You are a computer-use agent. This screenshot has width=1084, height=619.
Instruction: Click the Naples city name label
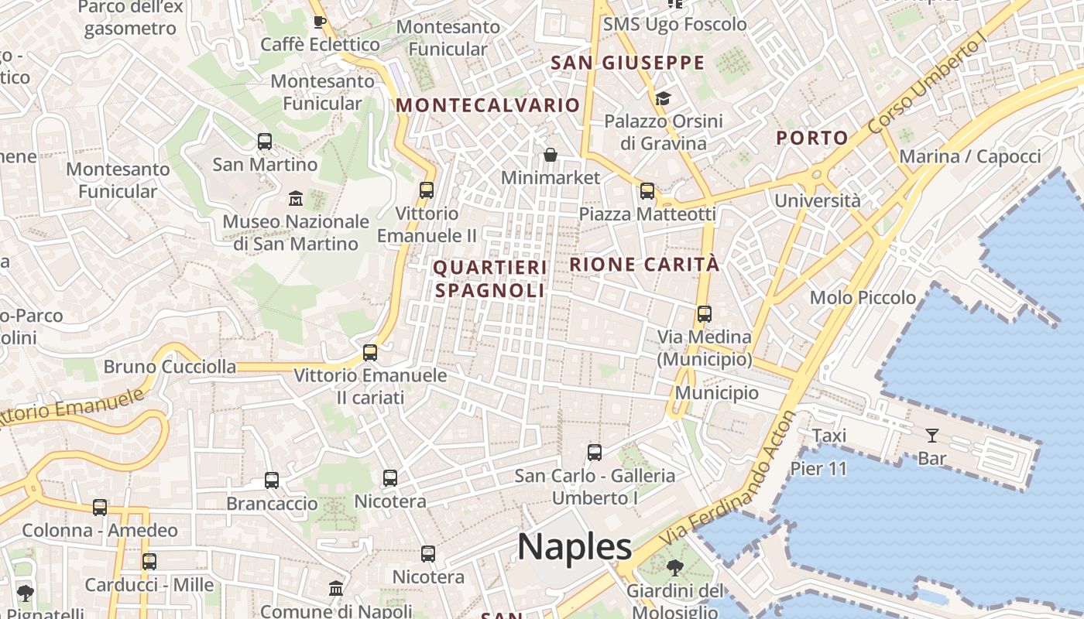tap(575, 547)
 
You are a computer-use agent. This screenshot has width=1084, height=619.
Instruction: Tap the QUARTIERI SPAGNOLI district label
tap(489, 279)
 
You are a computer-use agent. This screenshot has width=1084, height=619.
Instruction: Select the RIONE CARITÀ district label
tap(644, 265)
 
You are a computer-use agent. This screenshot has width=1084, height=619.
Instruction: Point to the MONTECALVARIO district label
tap(488, 106)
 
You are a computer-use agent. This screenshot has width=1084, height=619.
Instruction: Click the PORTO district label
tap(812, 139)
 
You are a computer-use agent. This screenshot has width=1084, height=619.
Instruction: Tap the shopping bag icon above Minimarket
tap(551, 155)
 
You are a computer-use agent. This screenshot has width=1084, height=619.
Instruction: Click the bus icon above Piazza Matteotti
tap(647, 190)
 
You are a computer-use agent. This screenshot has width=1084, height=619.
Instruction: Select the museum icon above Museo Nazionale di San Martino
tap(295, 199)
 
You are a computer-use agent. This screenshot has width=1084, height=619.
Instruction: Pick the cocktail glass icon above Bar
tap(931, 436)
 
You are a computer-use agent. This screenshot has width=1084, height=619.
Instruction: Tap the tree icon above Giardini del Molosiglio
tap(675, 568)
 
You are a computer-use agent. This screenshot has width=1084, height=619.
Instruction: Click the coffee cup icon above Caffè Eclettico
tap(320, 21)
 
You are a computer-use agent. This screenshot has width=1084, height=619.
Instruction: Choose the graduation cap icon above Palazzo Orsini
tap(663, 98)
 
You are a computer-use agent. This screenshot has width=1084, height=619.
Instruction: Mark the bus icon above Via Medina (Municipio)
tap(704, 313)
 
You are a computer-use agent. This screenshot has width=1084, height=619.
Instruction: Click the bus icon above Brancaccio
tap(272, 480)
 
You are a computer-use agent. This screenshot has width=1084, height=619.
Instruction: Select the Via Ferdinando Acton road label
tap(729, 487)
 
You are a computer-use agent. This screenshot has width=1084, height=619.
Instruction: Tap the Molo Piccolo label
tap(863, 298)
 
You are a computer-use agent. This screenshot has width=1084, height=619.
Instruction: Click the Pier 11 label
tap(818, 469)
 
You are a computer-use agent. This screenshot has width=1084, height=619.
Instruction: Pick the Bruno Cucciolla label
tap(170, 367)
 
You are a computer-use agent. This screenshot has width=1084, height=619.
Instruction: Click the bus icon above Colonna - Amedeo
tap(100, 508)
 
